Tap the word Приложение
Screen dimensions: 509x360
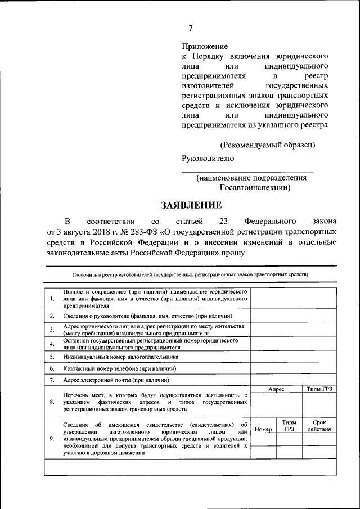click(x=204, y=46)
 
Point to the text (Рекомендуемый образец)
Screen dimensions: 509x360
click(x=267, y=145)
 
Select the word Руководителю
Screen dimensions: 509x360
click(x=208, y=158)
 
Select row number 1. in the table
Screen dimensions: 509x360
click(x=52, y=299)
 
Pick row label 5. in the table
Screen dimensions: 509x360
click(x=52, y=357)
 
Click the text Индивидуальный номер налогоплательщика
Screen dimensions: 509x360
click(x=121, y=357)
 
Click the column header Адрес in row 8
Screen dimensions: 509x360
click(x=276, y=389)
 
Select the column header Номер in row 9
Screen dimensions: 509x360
click(x=263, y=429)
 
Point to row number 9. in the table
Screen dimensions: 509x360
click(x=52, y=439)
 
